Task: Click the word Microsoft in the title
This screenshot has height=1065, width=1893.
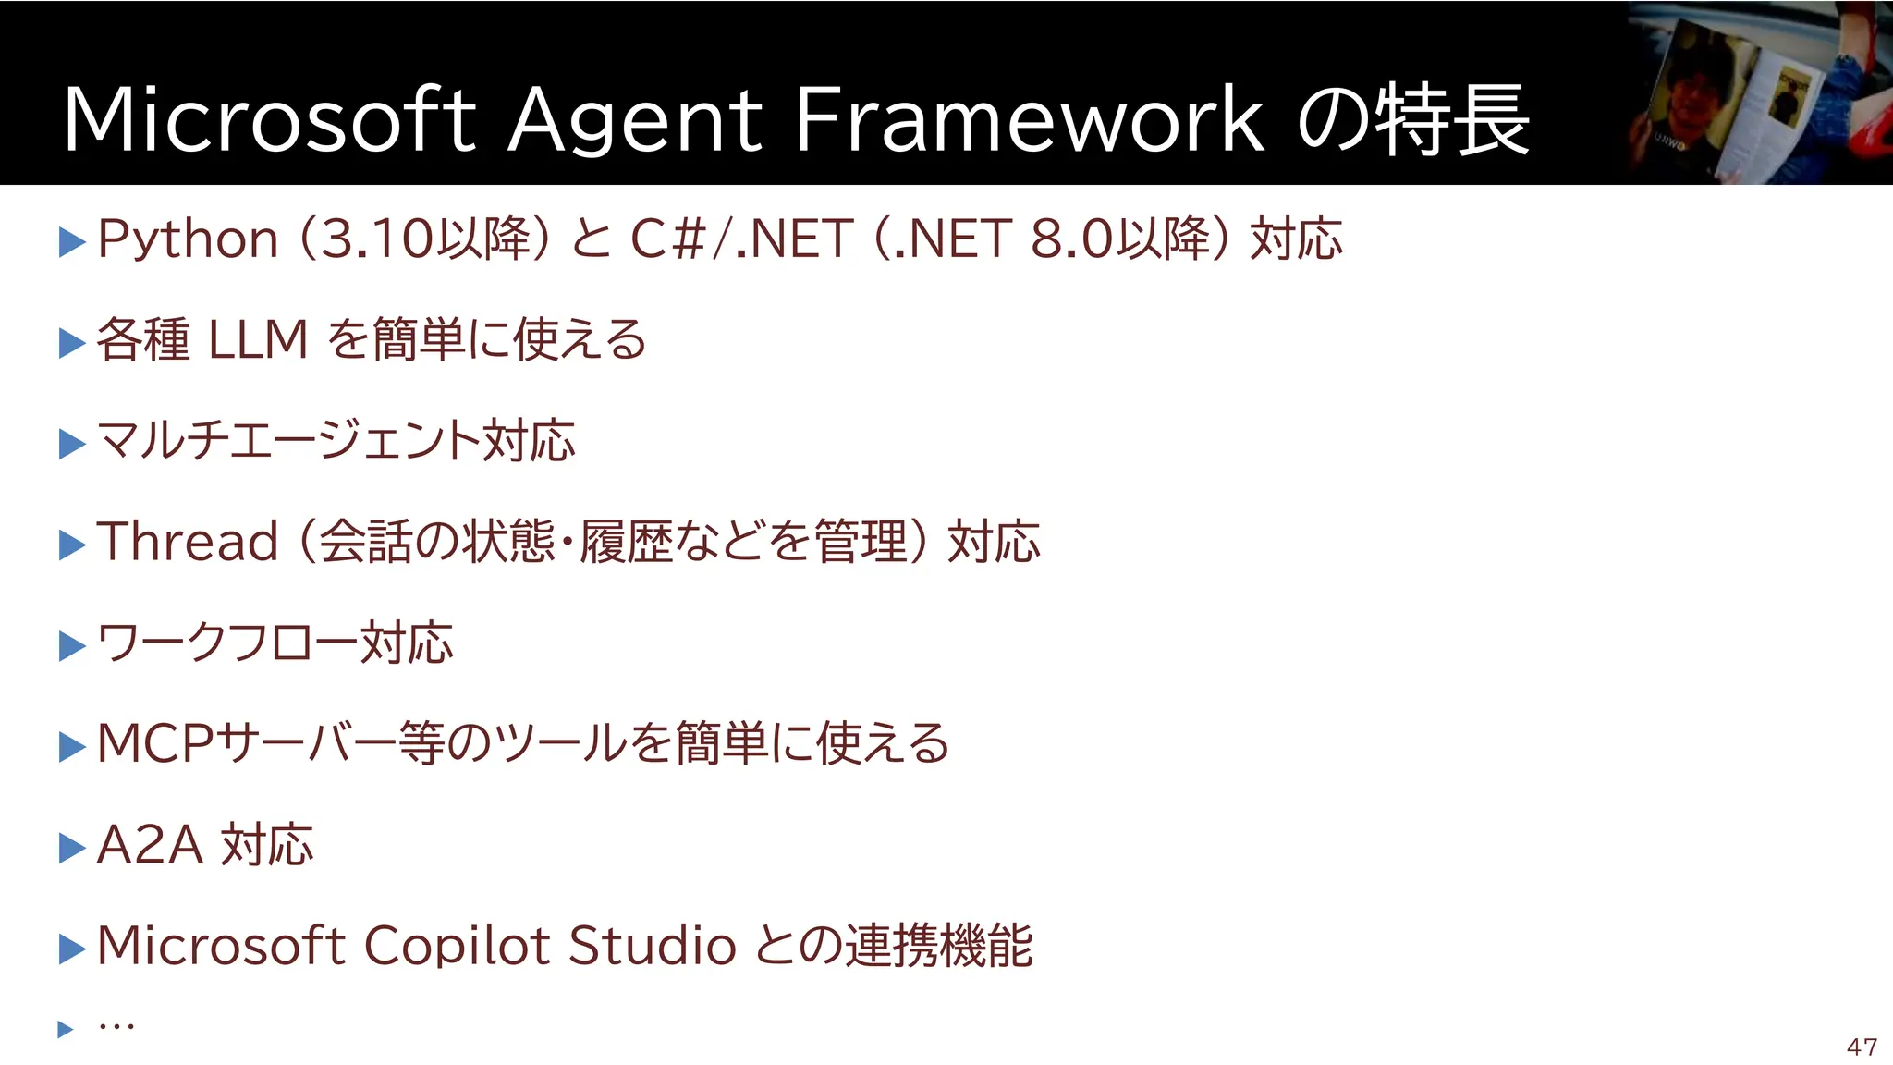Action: (x=268, y=120)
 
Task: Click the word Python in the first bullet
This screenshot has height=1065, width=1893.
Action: (x=188, y=240)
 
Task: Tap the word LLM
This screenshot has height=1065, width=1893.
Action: (x=258, y=339)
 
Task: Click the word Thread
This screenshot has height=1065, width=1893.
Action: (x=188, y=541)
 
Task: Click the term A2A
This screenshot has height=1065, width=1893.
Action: (x=150, y=845)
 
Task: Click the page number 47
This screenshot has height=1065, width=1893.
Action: (x=1862, y=1047)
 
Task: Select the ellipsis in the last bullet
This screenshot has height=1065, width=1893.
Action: (x=116, y=1026)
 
